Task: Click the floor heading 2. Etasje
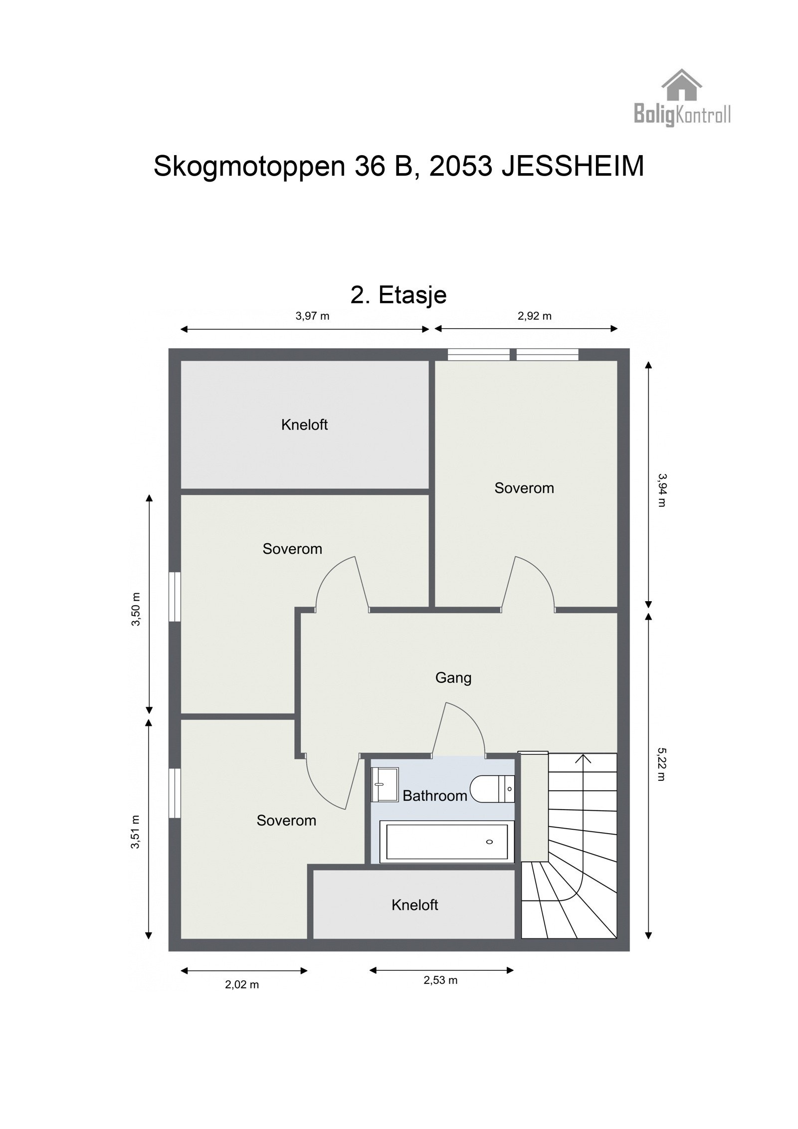398,295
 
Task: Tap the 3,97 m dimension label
312,316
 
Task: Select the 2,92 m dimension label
534,316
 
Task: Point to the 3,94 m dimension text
661,489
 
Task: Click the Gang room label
453,677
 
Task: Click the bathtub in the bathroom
446,842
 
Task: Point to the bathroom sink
385,784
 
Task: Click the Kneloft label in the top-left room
304,425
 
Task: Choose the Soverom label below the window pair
524,488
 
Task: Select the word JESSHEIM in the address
573,166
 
